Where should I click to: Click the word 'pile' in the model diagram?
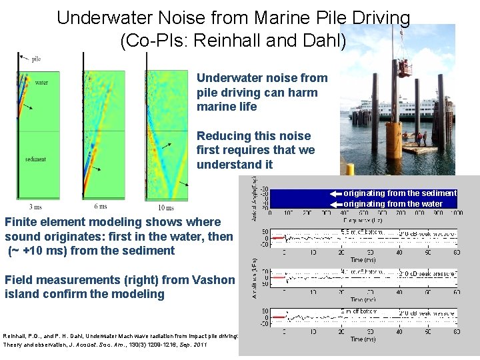pyautogui.click(x=36, y=59)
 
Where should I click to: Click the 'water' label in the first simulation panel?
pyautogui.click(x=41, y=83)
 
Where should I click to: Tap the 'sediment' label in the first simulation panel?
pyautogui.click(x=35, y=159)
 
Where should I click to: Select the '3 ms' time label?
pyautogui.click(x=35, y=208)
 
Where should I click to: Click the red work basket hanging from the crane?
pyautogui.click(x=403, y=66)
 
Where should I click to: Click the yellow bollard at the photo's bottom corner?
pyautogui.click(x=347, y=169)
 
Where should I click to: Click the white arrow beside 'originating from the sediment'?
pyautogui.click(x=335, y=193)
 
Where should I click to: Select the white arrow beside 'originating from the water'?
pyautogui.click(x=335, y=203)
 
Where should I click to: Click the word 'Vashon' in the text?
pyautogui.click(x=215, y=280)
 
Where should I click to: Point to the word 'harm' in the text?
pyautogui.click(x=304, y=93)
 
